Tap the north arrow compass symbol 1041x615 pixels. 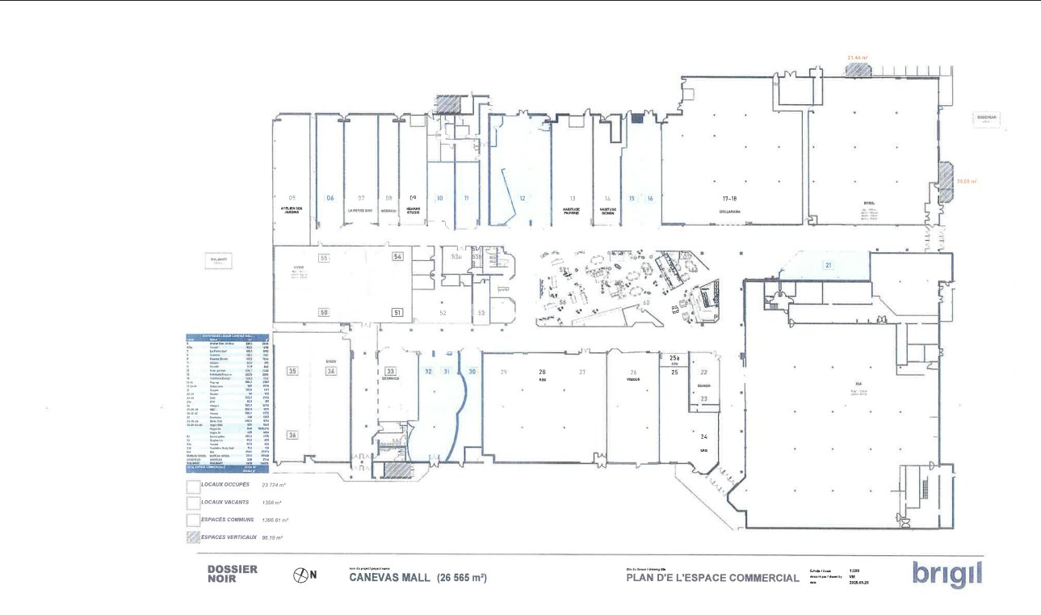tap(300, 575)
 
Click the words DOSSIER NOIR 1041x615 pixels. tap(232, 574)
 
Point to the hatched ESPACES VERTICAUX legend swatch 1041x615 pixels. tap(192, 537)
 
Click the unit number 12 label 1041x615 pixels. tap(523, 198)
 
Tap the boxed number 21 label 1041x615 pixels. tap(828, 265)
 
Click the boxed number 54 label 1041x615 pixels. tap(397, 256)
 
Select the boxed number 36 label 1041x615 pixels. tap(292, 435)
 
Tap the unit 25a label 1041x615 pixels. tap(674, 357)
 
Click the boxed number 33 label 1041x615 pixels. tap(390, 372)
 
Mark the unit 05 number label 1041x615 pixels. tap(292, 198)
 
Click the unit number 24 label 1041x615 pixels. tap(703, 436)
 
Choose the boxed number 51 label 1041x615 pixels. tap(397, 312)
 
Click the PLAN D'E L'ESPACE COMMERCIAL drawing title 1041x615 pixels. tap(712, 578)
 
